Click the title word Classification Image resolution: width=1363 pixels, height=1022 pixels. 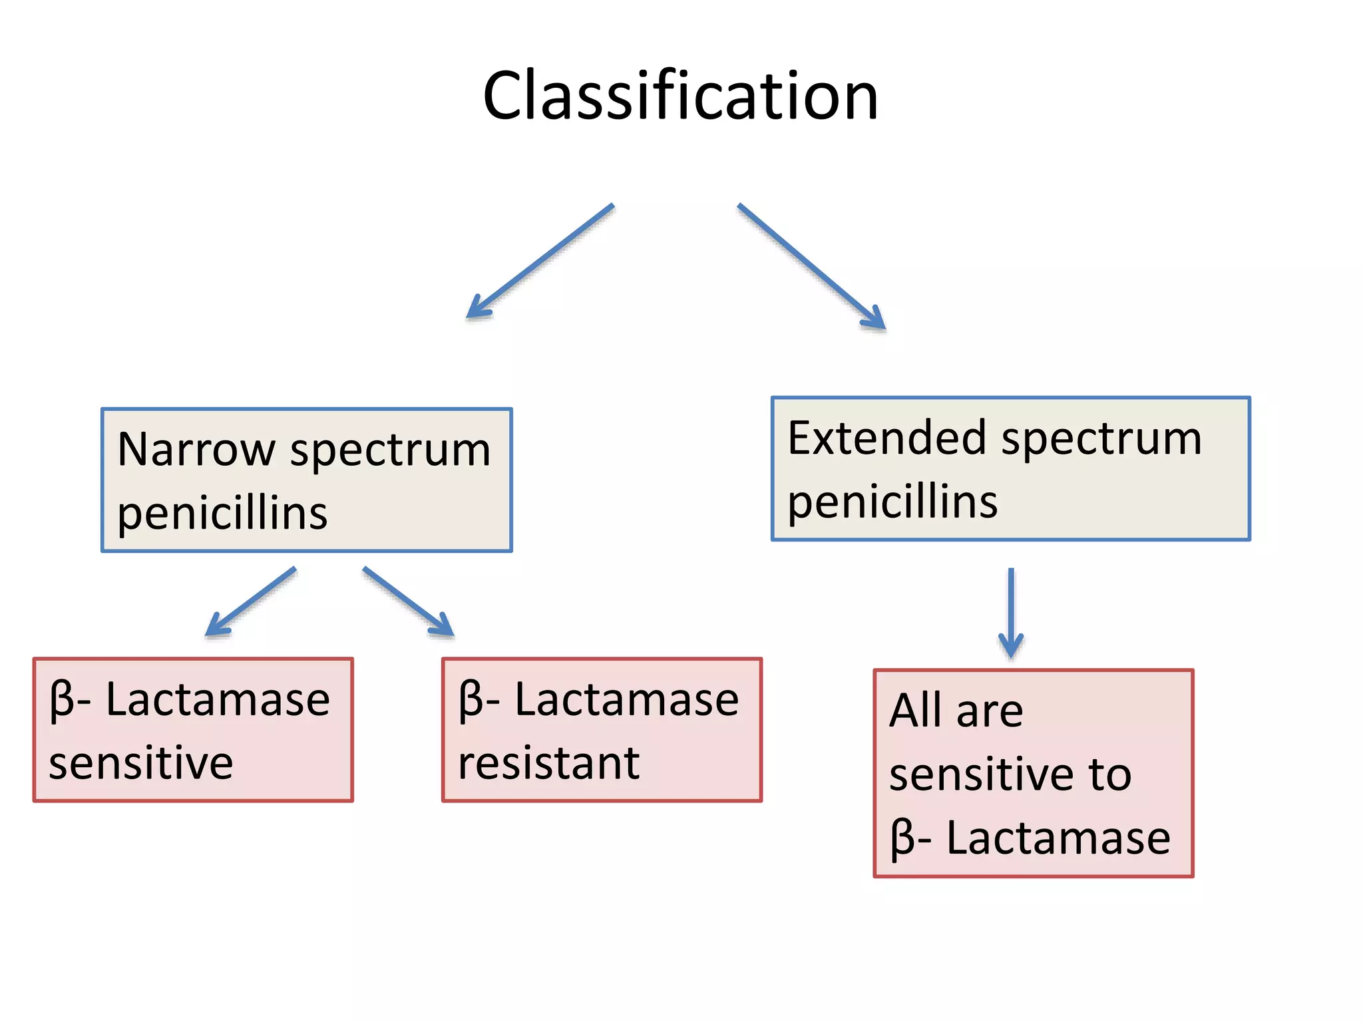point(680,96)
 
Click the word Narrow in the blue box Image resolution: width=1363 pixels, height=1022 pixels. point(196,450)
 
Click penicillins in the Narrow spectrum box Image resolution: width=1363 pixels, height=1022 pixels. point(222,514)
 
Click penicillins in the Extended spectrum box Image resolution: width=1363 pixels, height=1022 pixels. point(892,502)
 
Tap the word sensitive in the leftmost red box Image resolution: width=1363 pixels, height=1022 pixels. point(141,763)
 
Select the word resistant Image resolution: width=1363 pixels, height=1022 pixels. point(548,763)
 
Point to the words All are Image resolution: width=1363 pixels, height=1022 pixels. point(956,711)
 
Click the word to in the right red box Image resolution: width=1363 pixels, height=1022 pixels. point(1109,774)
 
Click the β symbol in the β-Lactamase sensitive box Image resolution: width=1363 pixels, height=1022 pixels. point(61,701)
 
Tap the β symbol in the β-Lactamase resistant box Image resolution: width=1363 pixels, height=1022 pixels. point(471,701)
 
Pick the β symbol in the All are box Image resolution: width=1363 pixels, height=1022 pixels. point(902,838)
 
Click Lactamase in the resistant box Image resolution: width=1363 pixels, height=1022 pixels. point(626,700)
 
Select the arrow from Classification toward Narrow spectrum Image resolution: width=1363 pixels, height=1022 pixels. point(540,261)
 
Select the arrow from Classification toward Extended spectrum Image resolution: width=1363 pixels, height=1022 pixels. point(811,266)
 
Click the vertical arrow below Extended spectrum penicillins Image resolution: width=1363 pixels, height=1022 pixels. point(1011,612)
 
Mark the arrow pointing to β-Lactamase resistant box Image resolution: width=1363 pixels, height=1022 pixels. point(408,601)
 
